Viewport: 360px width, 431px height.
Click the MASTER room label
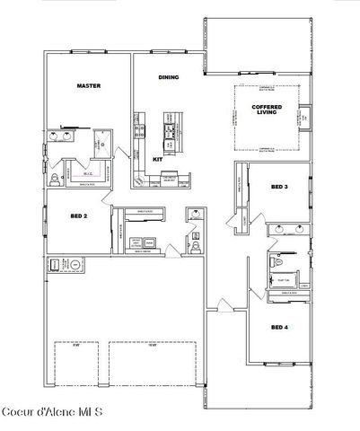tap(88, 86)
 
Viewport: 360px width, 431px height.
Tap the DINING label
tap(168, 77)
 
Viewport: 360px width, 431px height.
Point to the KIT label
tap(157, 159)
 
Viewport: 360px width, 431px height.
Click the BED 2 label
tap(78, 216)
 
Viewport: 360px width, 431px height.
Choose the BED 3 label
tap(279, 187)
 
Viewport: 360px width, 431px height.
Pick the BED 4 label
tap(279, 327)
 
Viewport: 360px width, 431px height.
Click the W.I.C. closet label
tap(88, 174)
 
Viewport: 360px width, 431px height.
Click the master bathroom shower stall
tap(102, 139)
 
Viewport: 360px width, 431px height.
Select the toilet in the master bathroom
tap(56, 180)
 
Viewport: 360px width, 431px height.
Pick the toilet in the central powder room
tap(194, 244)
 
